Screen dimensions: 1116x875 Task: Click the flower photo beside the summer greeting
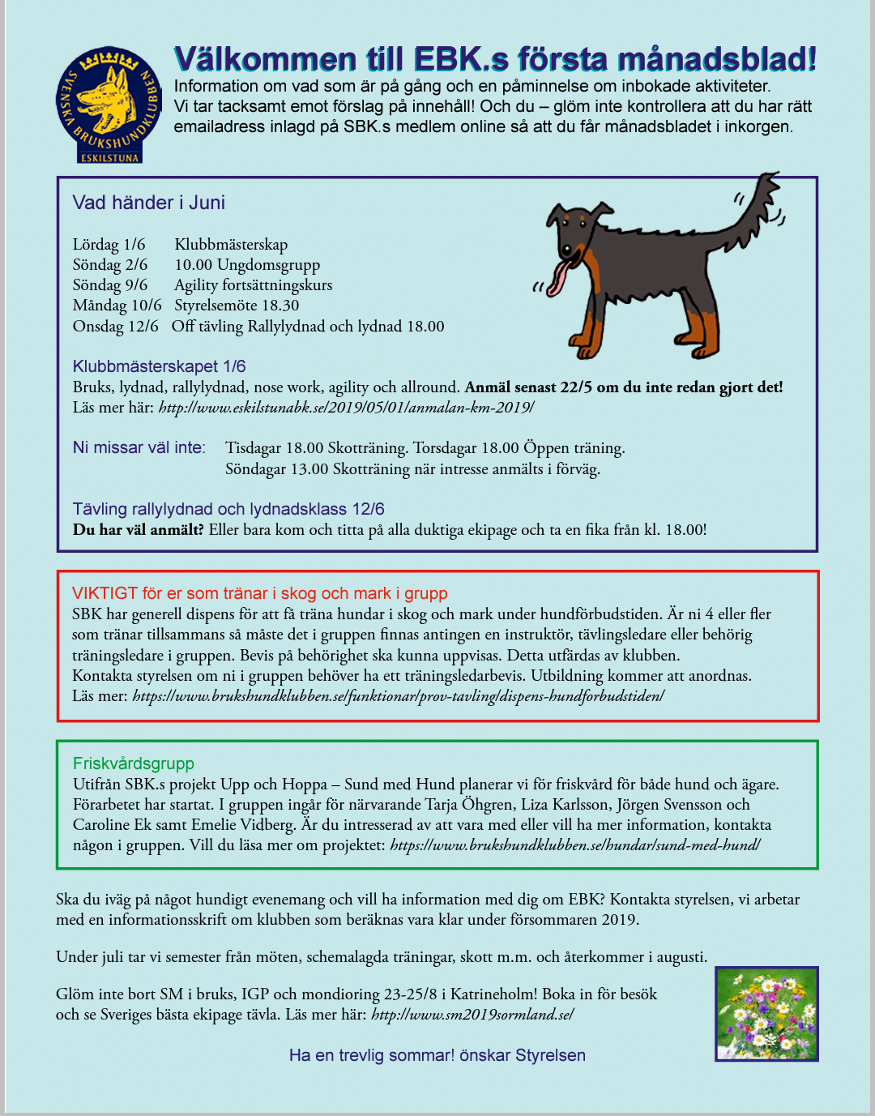click(x=766, y=1014)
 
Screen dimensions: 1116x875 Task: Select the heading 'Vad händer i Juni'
click(x=148, y=203)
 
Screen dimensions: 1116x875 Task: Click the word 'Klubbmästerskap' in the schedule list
click(x=231, y=245)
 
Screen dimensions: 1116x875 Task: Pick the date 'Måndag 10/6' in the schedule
click(x=117, y=306)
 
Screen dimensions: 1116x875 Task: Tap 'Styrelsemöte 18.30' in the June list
click(x=237, y=306)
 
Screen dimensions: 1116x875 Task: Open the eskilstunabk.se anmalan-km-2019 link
click(x=346, y=408)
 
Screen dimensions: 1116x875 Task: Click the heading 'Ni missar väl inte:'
click(x=139, y=447)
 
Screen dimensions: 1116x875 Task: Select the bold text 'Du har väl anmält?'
click(x=138, y=530)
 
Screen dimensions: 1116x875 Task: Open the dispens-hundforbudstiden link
click(x=398, y=696)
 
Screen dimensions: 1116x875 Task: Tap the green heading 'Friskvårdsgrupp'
click(x=133, y=763)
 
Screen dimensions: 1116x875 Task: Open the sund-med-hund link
click(x=574, y=845)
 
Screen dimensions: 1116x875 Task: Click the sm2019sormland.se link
click(x=472, y=1015)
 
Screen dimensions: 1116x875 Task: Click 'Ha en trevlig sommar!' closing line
click(x=372, y=1055)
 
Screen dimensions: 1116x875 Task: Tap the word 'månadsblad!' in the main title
click(x=716, y=60)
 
